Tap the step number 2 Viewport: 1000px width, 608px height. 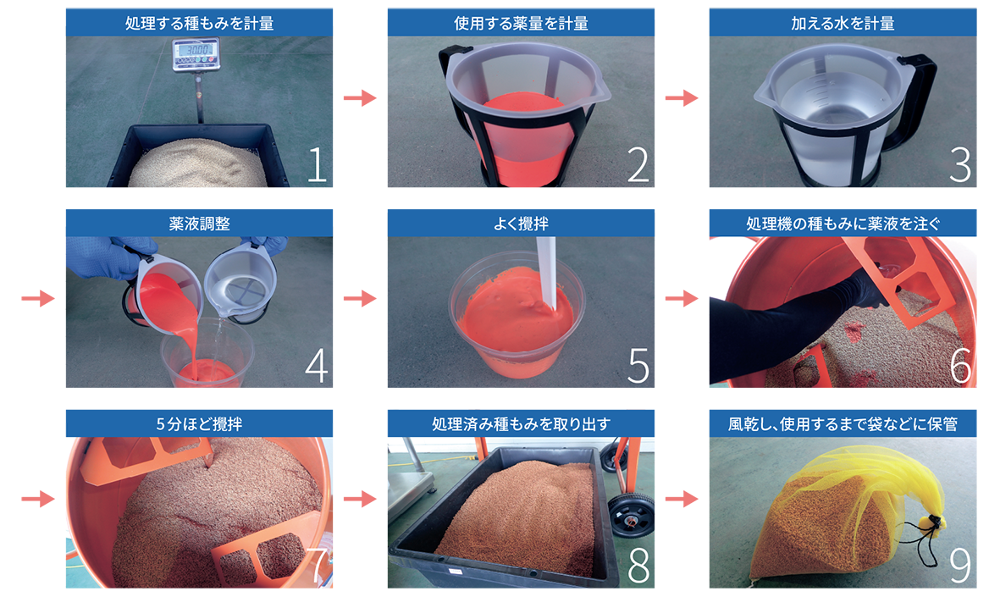(x=638, y=164)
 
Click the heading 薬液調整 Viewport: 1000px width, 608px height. (x=200, y=224)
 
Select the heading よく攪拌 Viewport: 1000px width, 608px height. (x=521, y=224)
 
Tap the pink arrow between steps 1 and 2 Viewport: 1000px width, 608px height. (x=361, y=97)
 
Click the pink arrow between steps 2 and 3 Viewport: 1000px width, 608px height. (x=682, y=97)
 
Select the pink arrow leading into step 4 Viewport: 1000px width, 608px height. (x=38, y=298)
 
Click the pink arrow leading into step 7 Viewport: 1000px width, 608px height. (x=38, y=498)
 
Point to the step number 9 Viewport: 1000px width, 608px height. (x=960, y=566)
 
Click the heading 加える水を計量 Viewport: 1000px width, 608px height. (x=843, y=24)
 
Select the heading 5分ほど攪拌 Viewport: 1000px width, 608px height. (x=200, y=424)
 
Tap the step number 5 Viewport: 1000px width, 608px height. (x=638, y=365)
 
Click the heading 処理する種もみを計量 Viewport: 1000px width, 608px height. (x=200, y=24)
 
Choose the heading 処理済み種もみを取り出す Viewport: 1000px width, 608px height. (x=521, y=424)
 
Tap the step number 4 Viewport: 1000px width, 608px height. (x=317, y=365)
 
